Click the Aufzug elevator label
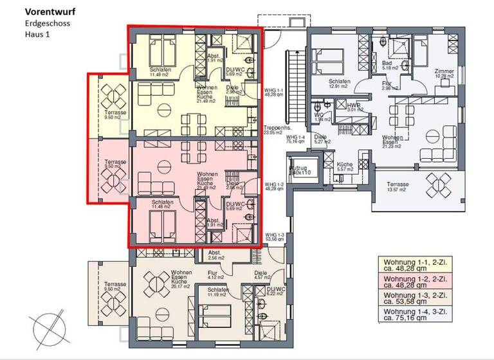point(299,169)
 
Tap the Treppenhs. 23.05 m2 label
point(277,130)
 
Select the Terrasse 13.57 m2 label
point(398,187)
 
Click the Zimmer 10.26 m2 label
point(444,73)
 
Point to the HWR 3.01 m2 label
point(355,107)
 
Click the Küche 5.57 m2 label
point(345,166)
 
